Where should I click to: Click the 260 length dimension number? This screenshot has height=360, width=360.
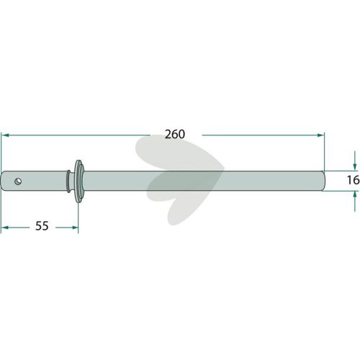pos(175,134)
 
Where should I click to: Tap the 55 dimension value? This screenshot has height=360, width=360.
pos(42,226)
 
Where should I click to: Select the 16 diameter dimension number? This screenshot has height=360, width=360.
pos(353,180)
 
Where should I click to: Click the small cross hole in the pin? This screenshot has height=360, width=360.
pos(18,181)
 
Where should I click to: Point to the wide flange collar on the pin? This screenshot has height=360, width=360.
pos(78,181)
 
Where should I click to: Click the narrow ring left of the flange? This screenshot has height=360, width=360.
pos(69,181)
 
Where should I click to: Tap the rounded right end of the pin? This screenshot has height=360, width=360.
pos(324,181)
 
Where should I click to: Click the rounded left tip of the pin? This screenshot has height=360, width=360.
pos(3,181)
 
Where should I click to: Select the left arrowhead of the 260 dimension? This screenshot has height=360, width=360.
pos(5,135)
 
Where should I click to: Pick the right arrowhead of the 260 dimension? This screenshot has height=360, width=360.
pos(320,135)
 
